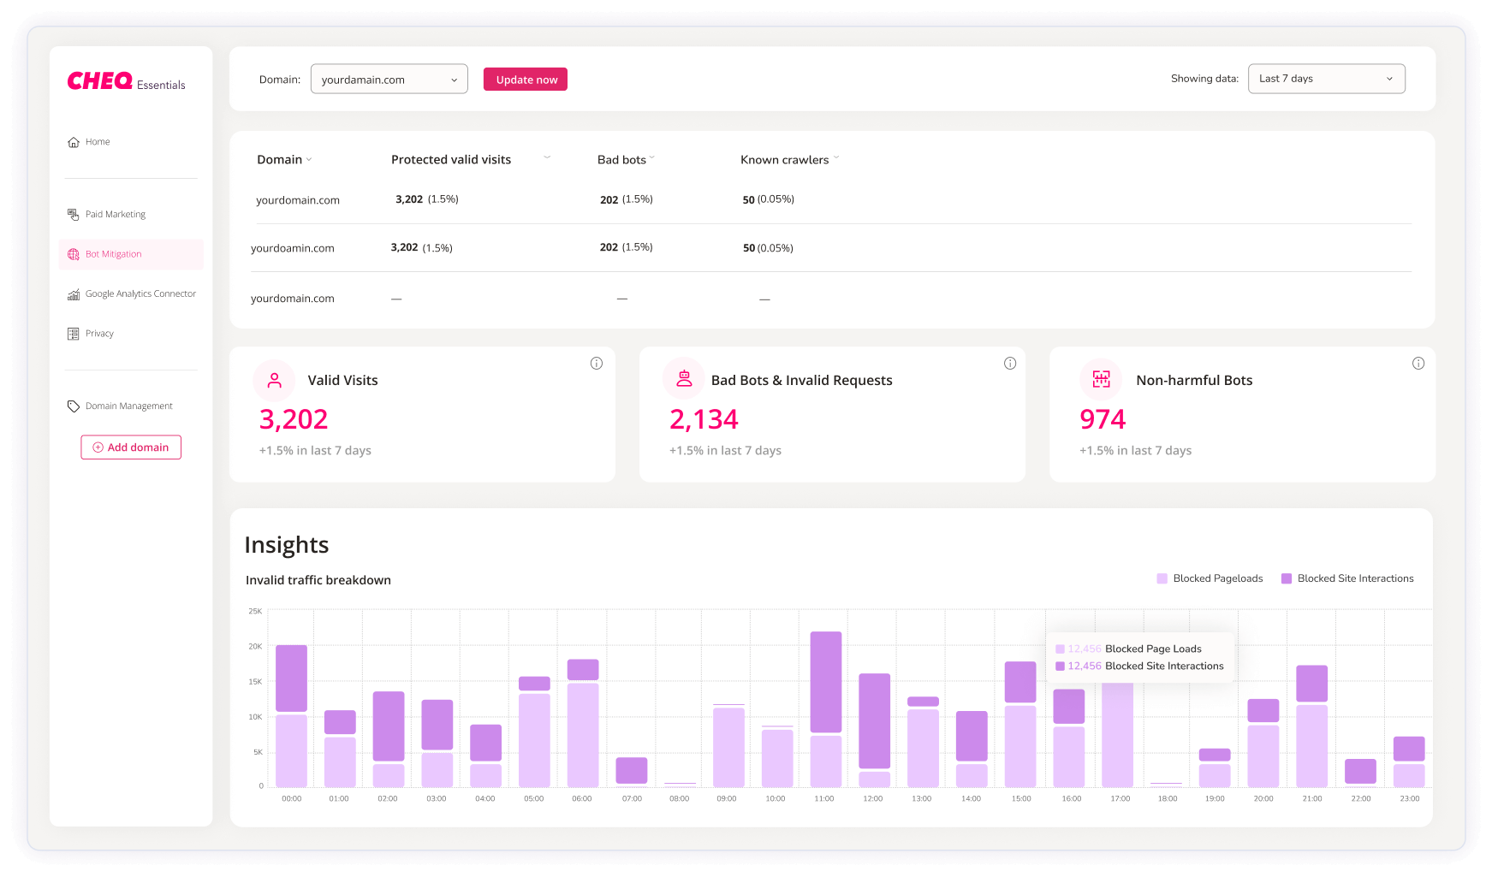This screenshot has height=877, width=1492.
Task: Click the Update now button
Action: tap(526, 80)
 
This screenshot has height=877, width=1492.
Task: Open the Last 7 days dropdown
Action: tap(1326, 79)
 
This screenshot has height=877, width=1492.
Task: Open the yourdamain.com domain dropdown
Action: tap(389, 80)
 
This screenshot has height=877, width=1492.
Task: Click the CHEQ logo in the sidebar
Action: tap(100, 81)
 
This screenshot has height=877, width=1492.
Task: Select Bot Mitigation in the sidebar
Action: tap(113, 254)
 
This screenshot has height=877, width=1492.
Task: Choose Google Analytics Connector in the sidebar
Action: tap(140, 294)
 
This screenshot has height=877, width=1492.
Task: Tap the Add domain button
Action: tap(131, 447)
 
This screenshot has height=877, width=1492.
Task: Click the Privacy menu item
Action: tap(99, 334)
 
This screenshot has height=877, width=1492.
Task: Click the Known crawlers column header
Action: tap(784, 160)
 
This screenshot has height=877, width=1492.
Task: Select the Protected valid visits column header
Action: tap(451, 160)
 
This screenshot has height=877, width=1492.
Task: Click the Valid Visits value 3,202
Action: tap(294, 419)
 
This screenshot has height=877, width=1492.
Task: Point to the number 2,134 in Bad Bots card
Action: tap(704, 419)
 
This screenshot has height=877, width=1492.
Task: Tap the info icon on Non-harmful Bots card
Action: tap(1418, 364)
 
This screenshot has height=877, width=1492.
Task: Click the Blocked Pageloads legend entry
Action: tap(1217, 578)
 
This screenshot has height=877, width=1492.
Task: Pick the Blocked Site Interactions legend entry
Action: tap(1354, 578)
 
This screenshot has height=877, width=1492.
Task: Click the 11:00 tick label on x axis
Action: tap(824, 798)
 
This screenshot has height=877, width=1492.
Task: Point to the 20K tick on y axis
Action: tap(255, 647)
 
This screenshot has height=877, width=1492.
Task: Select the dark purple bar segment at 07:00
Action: tap(632, 770)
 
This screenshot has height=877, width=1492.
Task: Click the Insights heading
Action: tap(287, 545)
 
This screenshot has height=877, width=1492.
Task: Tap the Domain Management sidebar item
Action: tap(128, 406)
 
